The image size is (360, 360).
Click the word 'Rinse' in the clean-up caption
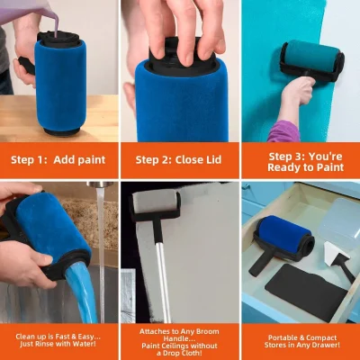(x=49, y=346)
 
